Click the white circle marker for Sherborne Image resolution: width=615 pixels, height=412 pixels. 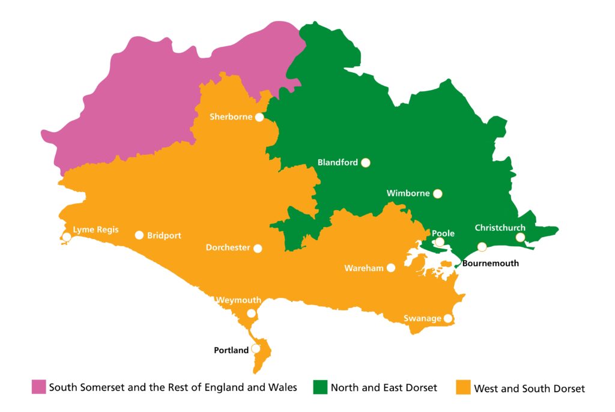[259, 117]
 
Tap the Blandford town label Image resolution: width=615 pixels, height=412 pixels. [338, 162]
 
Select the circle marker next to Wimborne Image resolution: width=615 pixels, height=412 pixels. [437, 193]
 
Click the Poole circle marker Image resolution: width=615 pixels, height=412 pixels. [440, 242]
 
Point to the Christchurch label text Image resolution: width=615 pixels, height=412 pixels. [500, 228]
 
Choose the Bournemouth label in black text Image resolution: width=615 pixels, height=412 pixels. [491, 263]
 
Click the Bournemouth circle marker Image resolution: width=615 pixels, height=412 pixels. [482, 247]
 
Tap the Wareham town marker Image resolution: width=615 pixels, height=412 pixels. [391, 268]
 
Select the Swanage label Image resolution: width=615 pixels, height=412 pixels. [422, 318]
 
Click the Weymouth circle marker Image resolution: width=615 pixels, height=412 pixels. [252, 314]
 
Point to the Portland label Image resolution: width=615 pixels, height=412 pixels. [231, 350]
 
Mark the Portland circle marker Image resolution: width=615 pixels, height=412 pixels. [256, 348]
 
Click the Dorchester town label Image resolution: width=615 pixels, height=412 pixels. [228, 247]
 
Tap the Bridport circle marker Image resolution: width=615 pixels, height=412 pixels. [139, 235]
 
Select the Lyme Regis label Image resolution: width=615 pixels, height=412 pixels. [95, 229]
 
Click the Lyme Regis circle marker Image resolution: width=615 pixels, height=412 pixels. [67, 237]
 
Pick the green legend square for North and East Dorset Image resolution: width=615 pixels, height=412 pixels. [320, 387]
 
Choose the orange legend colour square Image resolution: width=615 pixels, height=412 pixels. [463, 387]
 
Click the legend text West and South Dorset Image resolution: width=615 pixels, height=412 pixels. [529, 389]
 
